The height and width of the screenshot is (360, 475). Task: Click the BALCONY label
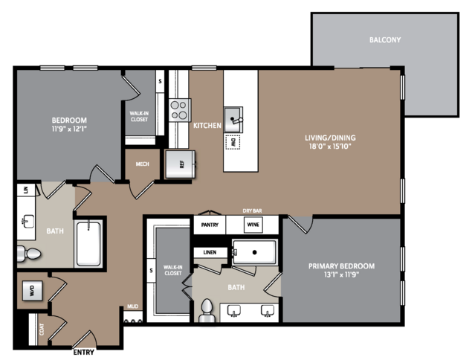tap(385, 39)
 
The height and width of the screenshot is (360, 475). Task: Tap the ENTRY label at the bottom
tap(83, 352)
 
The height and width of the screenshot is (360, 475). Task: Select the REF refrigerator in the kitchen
tap(180, 164)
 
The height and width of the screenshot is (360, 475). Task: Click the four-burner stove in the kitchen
tap(180, 110)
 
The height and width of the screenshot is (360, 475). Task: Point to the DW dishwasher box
tap(233, 142)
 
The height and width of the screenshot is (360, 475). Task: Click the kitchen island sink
tap(233, 120)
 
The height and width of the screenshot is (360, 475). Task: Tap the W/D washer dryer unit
tap(33, 291)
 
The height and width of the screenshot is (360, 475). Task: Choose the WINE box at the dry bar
tap(253, 225)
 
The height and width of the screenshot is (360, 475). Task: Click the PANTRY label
tap(210, 225)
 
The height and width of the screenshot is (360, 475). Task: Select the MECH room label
tap(143, 164)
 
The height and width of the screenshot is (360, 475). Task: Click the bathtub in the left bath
tap(88, 244)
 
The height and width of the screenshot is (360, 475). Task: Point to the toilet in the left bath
tap(29, 254)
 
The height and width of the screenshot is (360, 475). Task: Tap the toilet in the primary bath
tap(207, 309)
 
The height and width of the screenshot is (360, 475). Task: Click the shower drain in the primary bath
tap(255, 252)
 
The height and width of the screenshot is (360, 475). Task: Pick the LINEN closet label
tap(210, 252)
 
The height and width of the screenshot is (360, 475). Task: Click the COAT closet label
tap(42, 330)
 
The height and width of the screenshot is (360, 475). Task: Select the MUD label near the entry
tap(132, 306)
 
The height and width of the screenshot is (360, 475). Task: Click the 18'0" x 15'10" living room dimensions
tap(330, 147)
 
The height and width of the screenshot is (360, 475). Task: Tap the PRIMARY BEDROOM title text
tap(341, 266)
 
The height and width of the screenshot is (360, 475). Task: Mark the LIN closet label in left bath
tap(26, 190)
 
